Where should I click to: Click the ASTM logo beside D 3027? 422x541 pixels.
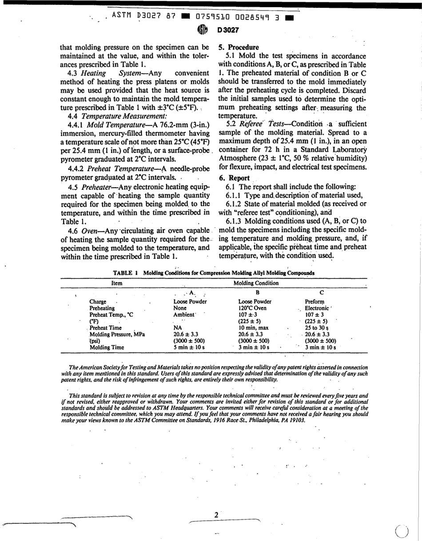click(202, 31)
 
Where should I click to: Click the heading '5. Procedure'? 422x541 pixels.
click(239, 47)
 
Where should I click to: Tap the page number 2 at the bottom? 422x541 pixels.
click(216, 515)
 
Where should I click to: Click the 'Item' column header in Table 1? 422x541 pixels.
click(117, 283)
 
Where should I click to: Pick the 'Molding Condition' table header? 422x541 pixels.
click(256, 283)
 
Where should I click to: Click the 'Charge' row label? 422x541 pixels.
click(98, 302)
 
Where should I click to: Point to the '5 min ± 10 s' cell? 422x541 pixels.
click(189, 348)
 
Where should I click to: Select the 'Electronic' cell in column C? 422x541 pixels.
click(317, 308)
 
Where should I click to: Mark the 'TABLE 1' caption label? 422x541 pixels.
click(126, 273)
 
